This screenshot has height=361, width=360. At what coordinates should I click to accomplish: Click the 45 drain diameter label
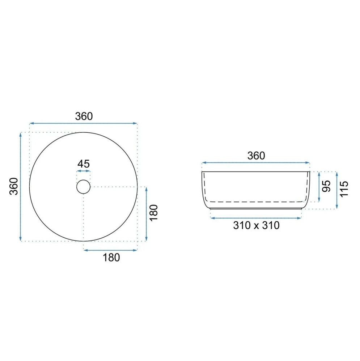pyautogui.click(x=83, y=164)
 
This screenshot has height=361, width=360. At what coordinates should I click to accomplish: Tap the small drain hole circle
pyautogui.click(x=83, y=180)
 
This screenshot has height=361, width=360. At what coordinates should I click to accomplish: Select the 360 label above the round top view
pyautogui.click(x=84, y=116)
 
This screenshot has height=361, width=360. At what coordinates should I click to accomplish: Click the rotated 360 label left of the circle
pyautogui.click(x=14, y=187)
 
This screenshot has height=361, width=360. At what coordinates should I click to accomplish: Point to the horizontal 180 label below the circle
pyautogui.click(x=111, y=258)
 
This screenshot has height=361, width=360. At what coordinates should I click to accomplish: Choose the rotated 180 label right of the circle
pyautogui.click(x=154, y=213)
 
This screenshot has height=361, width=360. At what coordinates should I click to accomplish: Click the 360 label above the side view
pyautogui.click(x=256, y=156)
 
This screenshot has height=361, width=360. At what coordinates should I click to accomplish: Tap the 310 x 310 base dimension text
pyautogui.click(x=257, y=225)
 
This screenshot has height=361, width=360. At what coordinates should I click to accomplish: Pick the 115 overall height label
pyautogui.click(x=344, y=189)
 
